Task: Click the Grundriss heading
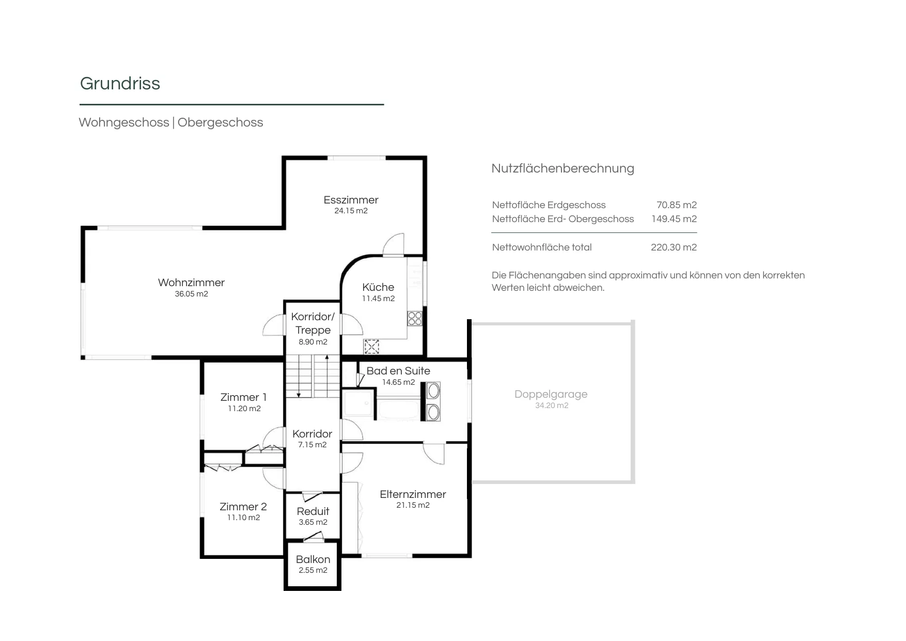[x=120, y=84]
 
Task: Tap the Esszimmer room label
[x=351, y=200]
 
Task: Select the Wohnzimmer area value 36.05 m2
[x=191, y=294]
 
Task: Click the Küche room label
[x=378, y=287]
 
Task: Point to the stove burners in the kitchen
[x=415, y=318]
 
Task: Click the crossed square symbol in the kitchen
[x=371, y=347]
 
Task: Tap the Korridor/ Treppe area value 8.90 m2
[x=313, y=342]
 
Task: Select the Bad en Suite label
[x=398, y=371]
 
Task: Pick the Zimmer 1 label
[x=243, y=397]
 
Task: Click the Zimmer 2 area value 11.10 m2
[x=244, y=518]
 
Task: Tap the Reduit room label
[x=313, y=511]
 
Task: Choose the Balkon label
[x=313, y=559]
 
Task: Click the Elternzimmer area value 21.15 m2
[x=413, y=505]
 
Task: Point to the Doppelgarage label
[x=551, y=394]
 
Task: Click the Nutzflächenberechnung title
[x=563, y=168]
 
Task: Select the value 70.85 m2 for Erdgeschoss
[x=677, y=205]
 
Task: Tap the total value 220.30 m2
[x=674, y=247]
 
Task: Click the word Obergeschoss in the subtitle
[x=221, y=122]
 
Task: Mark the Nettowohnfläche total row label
[x=542, y=247]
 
